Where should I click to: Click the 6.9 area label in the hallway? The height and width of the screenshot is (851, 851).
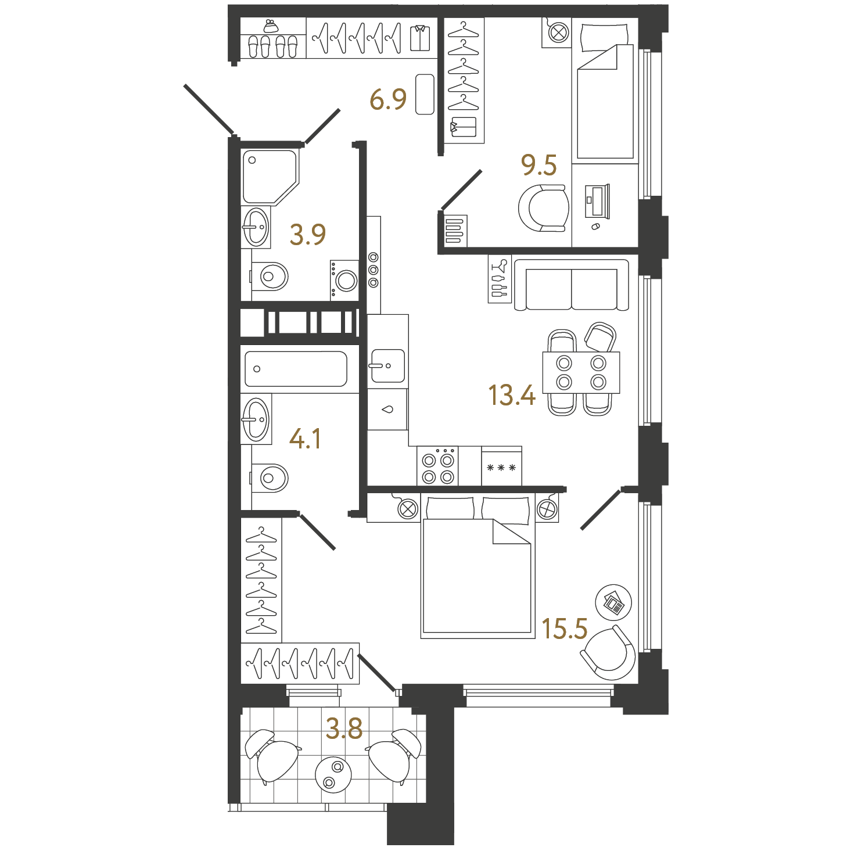point(387,99)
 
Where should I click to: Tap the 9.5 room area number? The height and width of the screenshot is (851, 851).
point(538,166)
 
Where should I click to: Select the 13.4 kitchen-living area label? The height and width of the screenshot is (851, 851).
point(512,395)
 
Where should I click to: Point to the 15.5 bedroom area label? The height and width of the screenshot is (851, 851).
point(565,629)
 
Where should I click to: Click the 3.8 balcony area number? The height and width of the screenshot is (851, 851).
point(344,728)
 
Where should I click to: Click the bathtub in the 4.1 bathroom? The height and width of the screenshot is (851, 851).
point(296,369)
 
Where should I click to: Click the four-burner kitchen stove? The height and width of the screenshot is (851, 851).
point(437,465)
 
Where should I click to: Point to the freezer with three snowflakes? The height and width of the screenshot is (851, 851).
point(501,466)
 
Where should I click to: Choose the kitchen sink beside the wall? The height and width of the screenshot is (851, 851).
point(387,365)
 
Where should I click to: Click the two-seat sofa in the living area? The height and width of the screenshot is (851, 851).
point(572,285)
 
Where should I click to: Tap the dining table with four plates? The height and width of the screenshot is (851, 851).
point(581,372)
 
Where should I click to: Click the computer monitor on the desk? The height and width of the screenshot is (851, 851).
point(597,201)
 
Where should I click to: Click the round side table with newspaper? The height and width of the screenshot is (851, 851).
point(613,603)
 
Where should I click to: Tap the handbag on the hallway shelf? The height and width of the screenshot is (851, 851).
point(271,27)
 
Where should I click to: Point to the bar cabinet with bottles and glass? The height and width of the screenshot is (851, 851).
point(500,279)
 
